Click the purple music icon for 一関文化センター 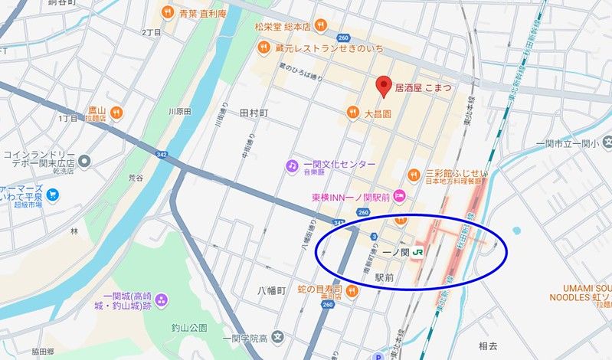point(292,165)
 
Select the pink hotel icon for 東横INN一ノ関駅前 point(398,197)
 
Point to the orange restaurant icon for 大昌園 point(353,113)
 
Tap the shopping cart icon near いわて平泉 point(52,195)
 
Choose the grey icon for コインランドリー point(85,162)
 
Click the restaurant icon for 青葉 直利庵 point(166,13)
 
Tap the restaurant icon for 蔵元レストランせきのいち point(263,47)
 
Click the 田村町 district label point(254,113)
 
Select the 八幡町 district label point(270,291)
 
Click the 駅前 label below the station point(385,277)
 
